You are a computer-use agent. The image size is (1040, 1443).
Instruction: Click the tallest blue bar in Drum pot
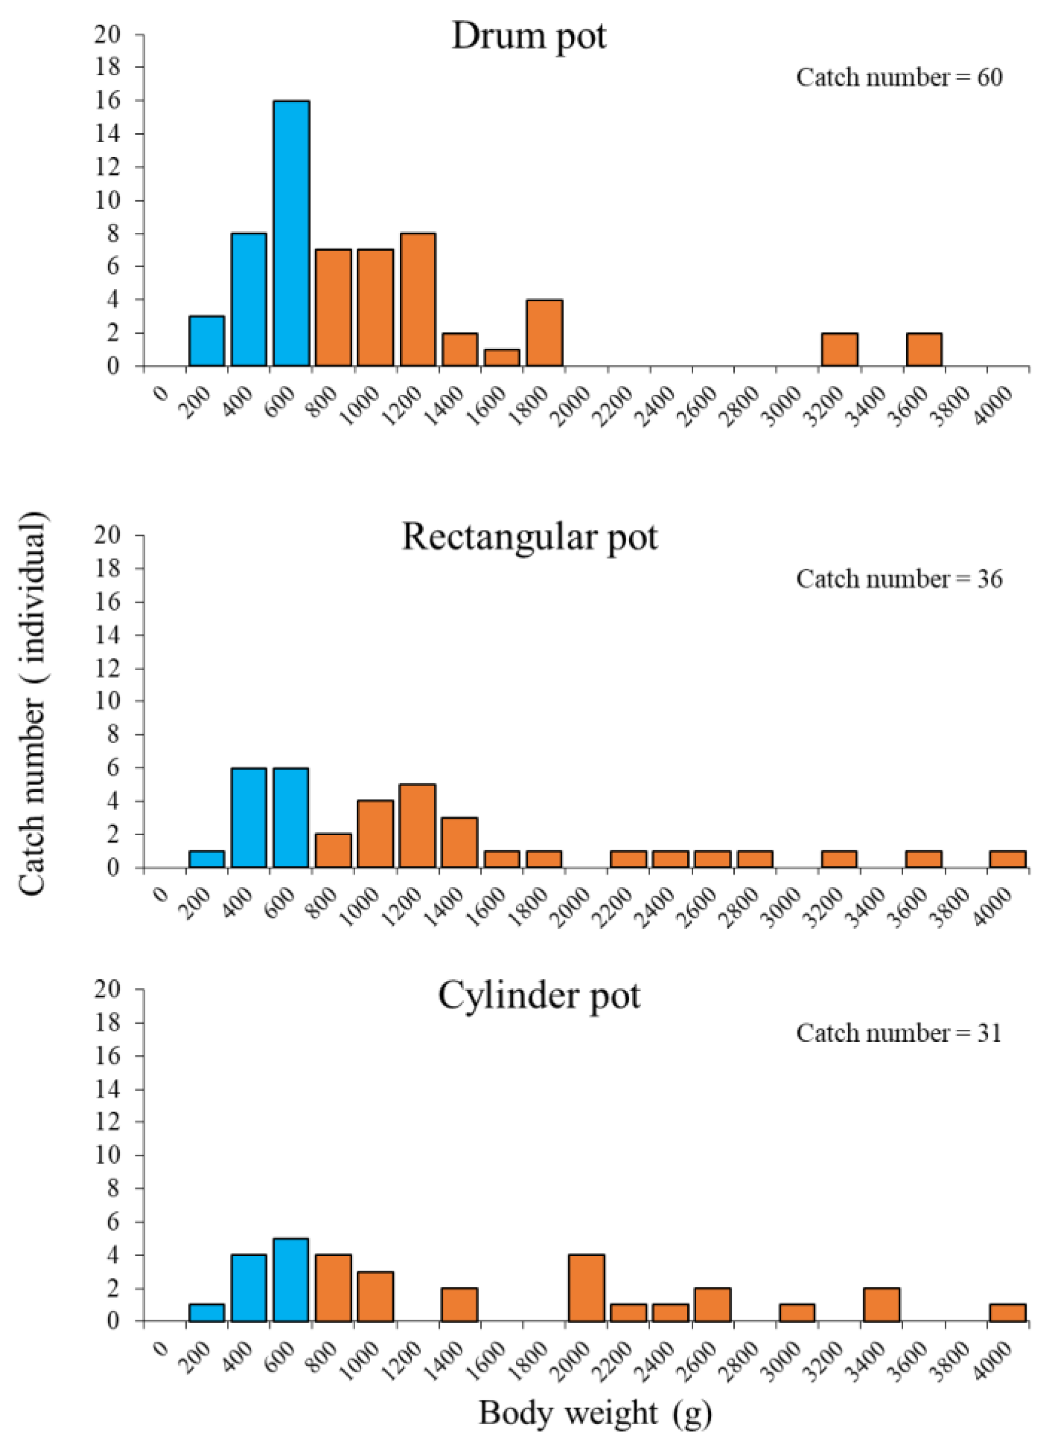point(291,233)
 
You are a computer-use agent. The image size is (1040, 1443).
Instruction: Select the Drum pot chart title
point(528,36)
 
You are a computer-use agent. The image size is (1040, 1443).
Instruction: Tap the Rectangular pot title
point(529,537)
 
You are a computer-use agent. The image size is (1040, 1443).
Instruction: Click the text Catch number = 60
point(899,78)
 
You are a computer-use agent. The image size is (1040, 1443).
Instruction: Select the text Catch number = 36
point(899,580)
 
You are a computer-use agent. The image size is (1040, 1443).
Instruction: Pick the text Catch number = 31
point(899,1033)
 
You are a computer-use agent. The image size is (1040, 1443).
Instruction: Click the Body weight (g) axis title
point(595,1414)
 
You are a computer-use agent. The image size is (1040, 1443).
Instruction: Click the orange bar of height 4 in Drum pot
point(544,333)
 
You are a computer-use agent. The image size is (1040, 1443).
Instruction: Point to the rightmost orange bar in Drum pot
point(924,349)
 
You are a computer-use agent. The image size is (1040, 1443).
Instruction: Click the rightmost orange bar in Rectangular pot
point(1007,859)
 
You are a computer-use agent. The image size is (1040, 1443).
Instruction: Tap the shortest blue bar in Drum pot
point(207,341)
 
